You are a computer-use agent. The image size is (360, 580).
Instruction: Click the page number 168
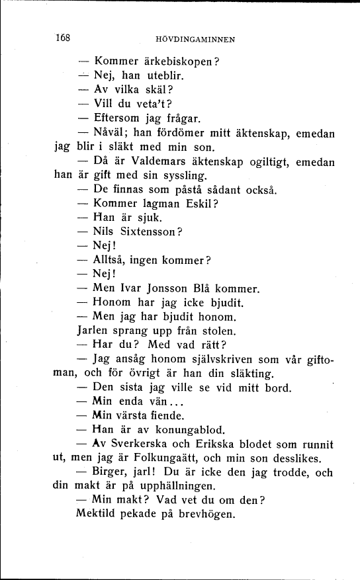click(63, 37)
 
